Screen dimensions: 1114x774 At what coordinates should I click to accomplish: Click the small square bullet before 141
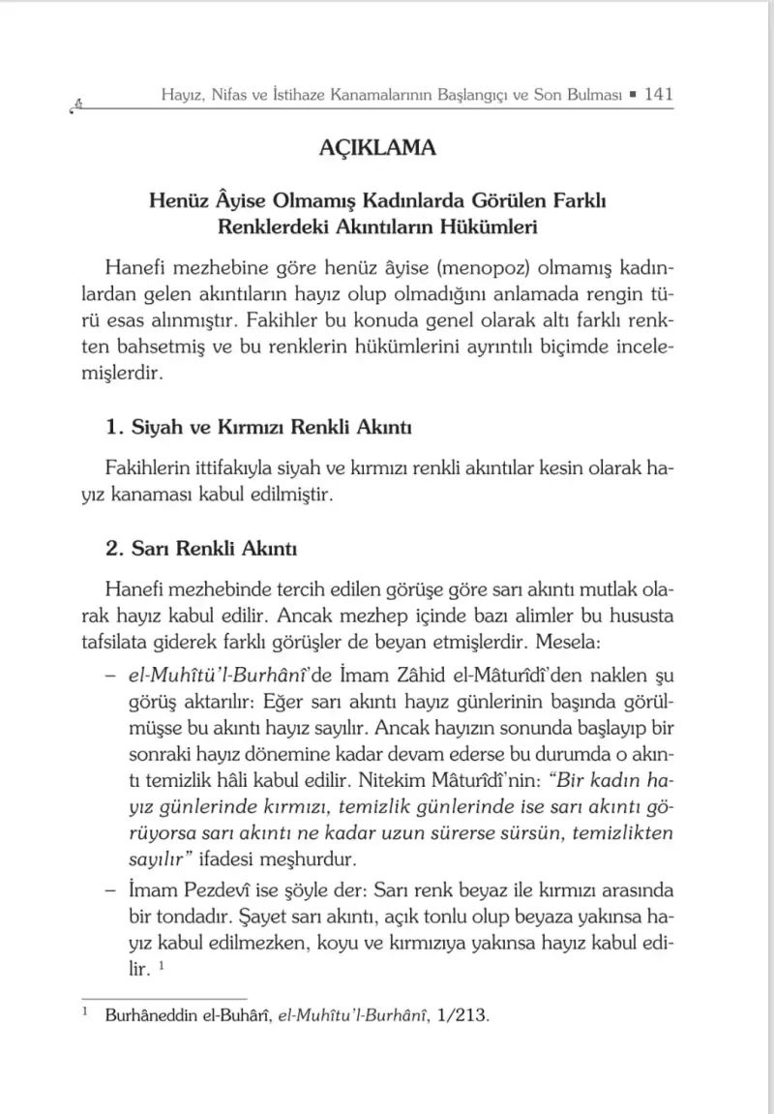(x=632, y=96)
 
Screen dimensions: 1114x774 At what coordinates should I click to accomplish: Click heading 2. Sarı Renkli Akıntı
(x=201, y=549)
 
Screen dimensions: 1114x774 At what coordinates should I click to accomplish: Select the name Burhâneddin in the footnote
(x=146, y=1017)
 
